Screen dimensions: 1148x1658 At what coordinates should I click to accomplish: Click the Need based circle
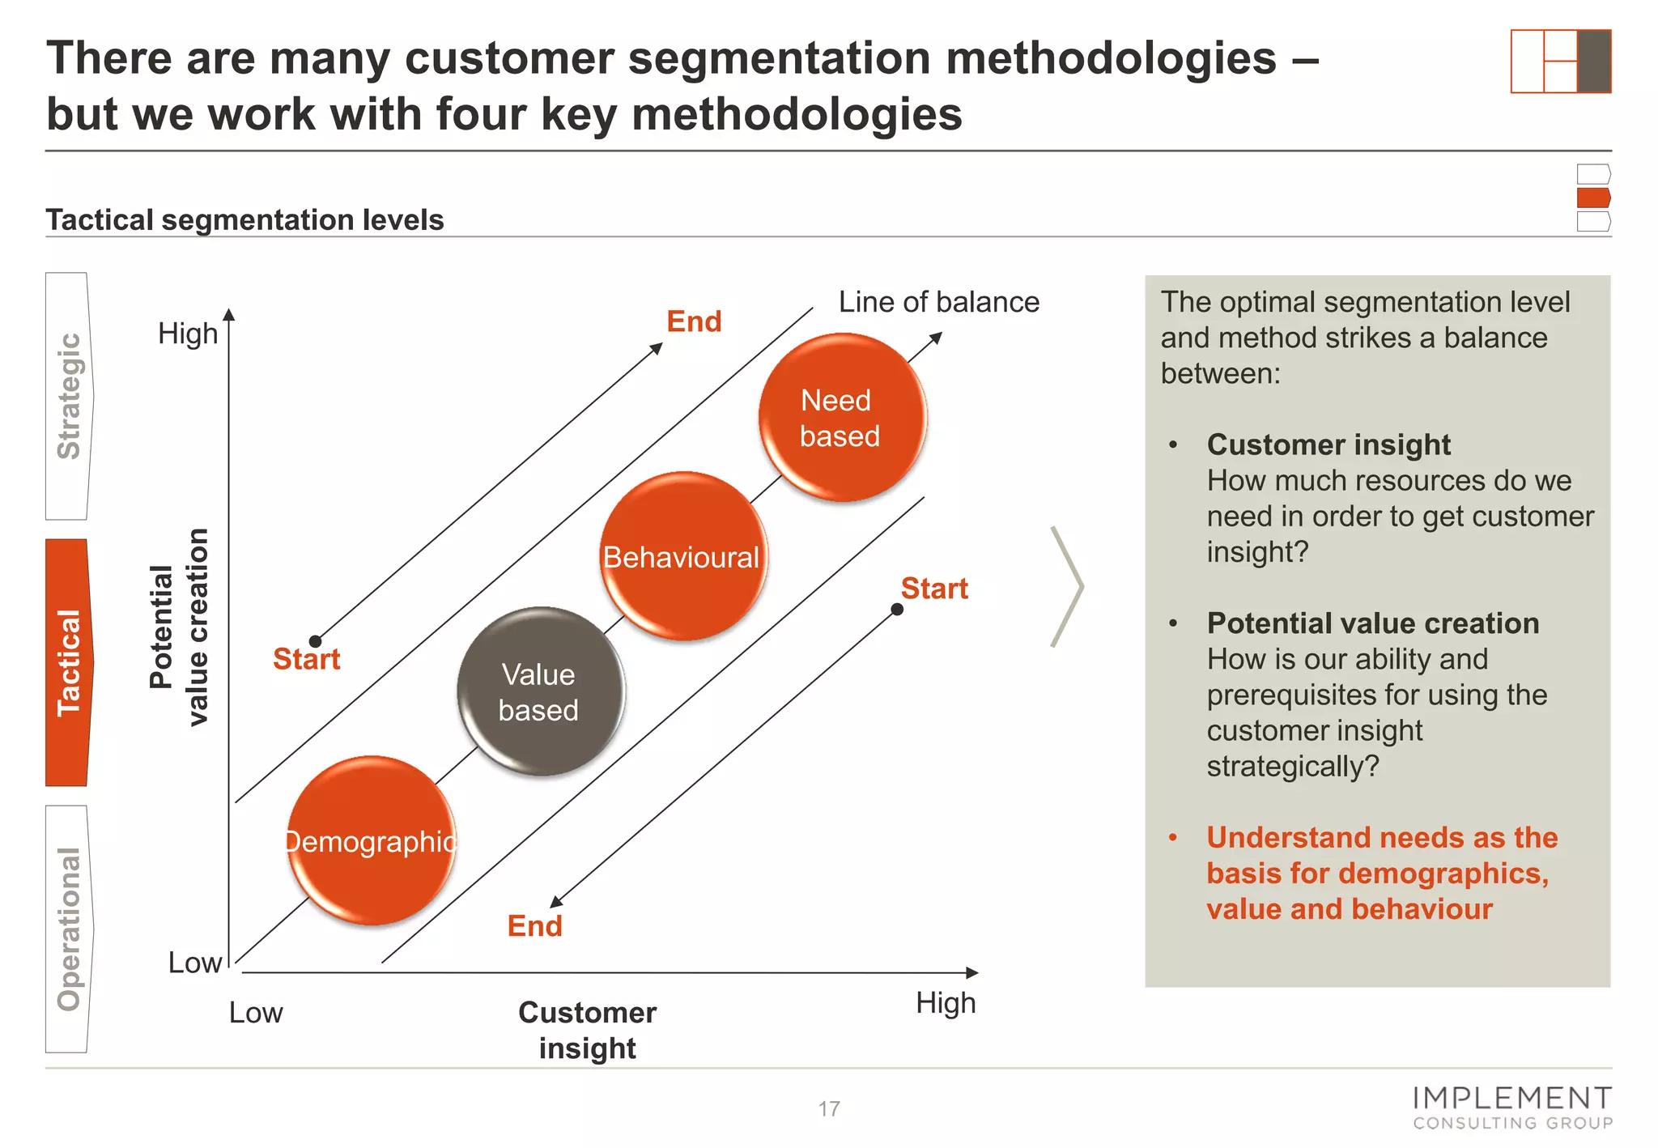tap(842, 418)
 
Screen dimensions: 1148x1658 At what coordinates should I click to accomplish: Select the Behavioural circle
tap(683, 557)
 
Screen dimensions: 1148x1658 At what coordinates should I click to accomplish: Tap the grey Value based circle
tap(540, 691)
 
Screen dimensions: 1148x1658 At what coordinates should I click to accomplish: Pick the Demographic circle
tap(372, 840)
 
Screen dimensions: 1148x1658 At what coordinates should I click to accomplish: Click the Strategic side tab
tap(69, 396)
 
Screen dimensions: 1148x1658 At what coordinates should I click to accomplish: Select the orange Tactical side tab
tap(69, 662)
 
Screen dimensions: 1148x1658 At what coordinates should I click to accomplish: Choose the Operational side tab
tap(69, 929)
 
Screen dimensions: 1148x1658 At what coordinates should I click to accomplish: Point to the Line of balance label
tap(938, 302)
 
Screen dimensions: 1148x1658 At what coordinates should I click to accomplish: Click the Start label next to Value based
tap(306, 659)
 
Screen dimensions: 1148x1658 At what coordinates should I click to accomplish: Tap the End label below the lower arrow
tap(534, 925)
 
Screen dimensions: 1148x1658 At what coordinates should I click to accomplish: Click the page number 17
tap(829, 1108)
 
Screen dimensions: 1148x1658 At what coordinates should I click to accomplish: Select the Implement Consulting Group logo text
tap(1512, 1108)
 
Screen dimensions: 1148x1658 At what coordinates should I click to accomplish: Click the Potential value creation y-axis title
tap(179, 627)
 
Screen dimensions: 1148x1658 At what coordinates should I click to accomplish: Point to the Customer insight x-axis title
tap(587, 1030)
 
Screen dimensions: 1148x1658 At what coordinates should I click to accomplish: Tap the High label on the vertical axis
tap(188, 334)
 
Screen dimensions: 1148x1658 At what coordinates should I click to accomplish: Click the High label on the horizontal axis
tap(946, 1003)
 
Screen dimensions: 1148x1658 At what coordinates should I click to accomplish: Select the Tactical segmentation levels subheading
tap(244, 219)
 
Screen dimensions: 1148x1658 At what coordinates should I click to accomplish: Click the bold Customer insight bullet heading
tap(1329, 444)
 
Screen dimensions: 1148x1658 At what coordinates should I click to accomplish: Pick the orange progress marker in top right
tap(1593, 198)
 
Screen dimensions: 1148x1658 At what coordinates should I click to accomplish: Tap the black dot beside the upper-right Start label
tap(897, 610)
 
